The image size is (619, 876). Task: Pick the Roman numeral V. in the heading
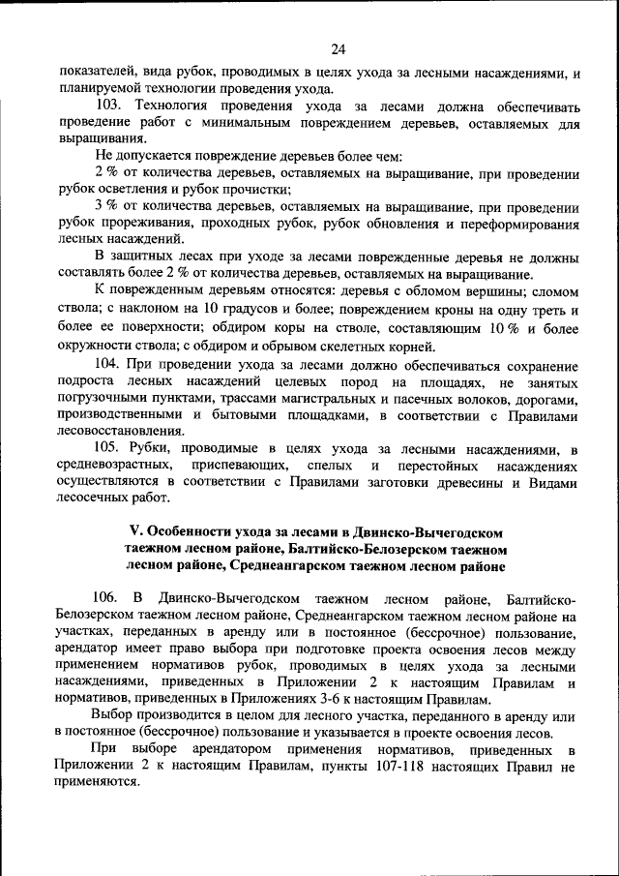[135, 533]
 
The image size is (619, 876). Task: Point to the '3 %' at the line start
[106, 207]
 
